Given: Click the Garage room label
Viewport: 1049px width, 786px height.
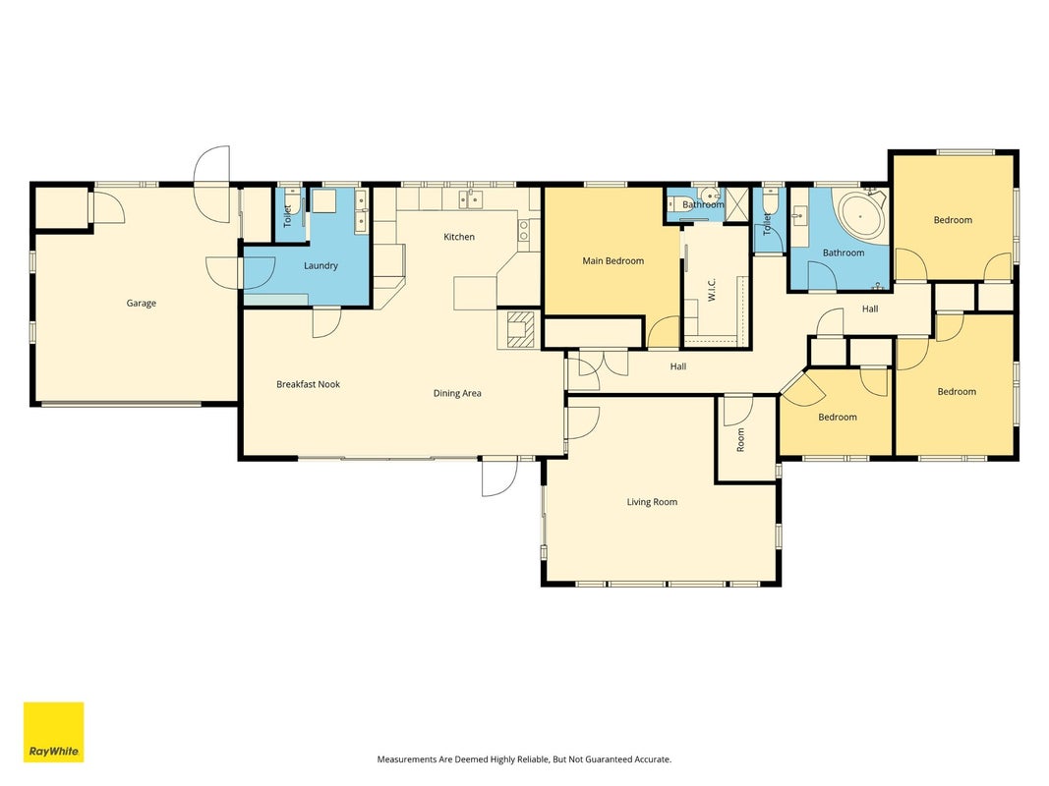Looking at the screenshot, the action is [x=142, y=304].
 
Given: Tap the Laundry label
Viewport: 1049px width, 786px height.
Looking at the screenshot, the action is [x=321, y=266].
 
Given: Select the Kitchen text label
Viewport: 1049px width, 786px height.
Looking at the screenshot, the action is [x=459, y=237].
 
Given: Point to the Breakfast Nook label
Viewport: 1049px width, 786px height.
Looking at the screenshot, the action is [x=309, y=384].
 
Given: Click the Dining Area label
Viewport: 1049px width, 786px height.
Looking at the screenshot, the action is [x=457, y=393].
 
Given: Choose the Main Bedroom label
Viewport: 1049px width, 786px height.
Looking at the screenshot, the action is [x=612, y=260].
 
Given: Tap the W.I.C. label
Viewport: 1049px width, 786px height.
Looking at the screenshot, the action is [x=712, y=290].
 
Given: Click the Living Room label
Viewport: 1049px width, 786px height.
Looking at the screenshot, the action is [x=652, y=502].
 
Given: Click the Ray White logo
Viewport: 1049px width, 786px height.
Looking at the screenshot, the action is [x=53, y=732].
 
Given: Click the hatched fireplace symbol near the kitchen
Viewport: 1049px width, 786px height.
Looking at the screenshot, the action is [x=520, y=329].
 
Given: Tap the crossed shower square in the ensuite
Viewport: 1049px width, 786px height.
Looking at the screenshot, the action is [x=736, y=201].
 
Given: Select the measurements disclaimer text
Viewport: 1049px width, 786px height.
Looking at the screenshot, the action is [x=524, y=759].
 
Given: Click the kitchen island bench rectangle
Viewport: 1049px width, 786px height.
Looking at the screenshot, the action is [x=476, y=294].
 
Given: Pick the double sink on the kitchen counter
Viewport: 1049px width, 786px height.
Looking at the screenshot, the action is [x=471, y=198].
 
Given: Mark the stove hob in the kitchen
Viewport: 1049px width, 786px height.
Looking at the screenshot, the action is [x=525, y=231].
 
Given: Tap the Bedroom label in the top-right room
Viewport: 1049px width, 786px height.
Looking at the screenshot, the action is [x=953, y=220].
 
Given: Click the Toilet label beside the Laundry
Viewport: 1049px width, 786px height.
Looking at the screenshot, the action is [x=288, y=216].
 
